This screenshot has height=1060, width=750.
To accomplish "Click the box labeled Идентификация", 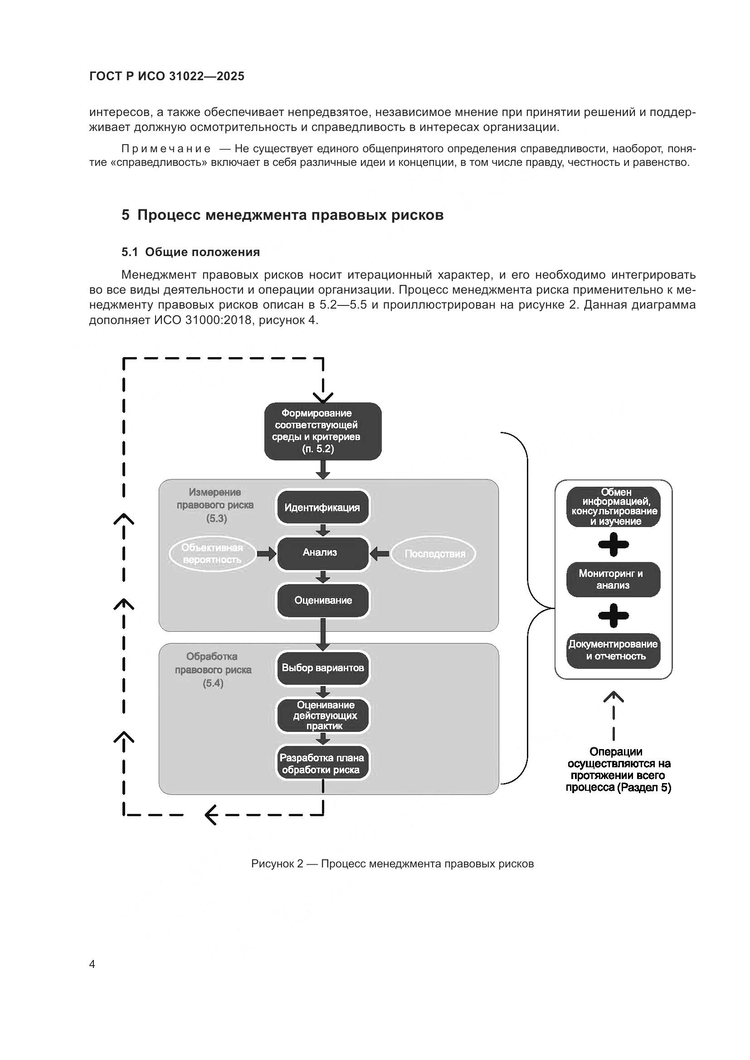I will click(x=322, y=508).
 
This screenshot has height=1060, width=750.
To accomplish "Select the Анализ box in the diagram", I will click(x=322, y=552).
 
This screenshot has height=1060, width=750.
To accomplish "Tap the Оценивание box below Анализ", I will click(x=322, y=600).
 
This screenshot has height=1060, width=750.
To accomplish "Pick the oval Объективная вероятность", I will click(x=212, y=553).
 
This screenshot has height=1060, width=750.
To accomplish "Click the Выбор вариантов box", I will click(x=322, y=668).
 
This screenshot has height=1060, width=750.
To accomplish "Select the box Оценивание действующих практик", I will click(x=322, y=716).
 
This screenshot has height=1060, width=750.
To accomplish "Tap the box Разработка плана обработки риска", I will click(x=322, y=764).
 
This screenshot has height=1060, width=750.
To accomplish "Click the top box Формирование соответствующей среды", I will click(x=322, y=431).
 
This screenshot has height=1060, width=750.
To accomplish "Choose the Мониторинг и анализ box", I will click(x=613, y=580).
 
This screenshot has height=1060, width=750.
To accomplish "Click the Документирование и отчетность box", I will click(x=613, y=650).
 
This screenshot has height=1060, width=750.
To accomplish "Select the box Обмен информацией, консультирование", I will click(x=613, y=507).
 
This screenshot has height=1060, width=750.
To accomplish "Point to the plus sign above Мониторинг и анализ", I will click(x=613, y=545).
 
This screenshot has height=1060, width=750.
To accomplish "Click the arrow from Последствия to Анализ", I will click(x=380, y=553).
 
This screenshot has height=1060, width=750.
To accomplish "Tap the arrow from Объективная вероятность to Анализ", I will click(x=266, y=553).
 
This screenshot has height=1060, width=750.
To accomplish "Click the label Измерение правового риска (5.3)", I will click(x=215, y=505).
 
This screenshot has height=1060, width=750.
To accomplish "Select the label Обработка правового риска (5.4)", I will click(x=213, y=669).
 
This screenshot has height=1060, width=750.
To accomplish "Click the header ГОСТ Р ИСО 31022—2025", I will click(x=167, y=77).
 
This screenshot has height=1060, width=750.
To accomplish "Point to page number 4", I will click(x=92, y=964).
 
